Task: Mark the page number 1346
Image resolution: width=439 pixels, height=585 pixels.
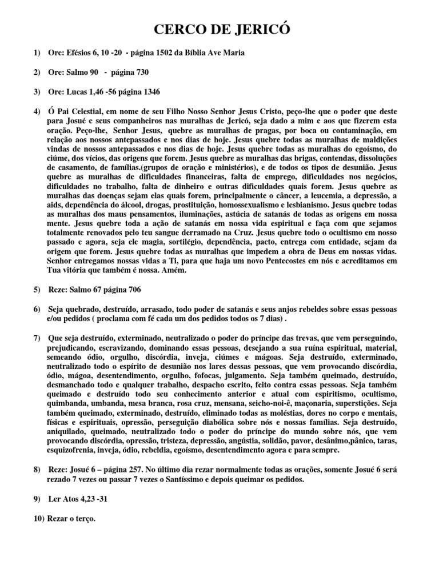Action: pyautogui.click(x=149, y=91)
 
